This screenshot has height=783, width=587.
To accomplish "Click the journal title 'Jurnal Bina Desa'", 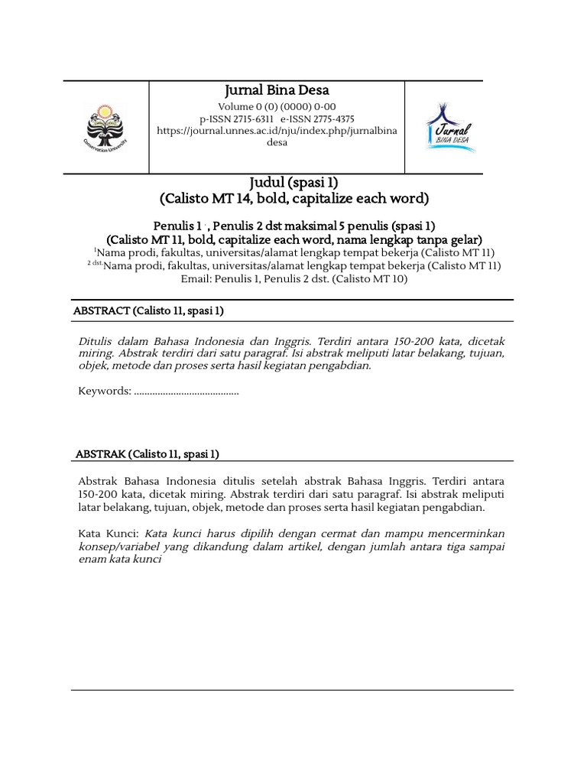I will pyautogui.click(x=276, y=91).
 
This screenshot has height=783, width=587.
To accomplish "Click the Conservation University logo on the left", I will pyautogui.click(x=105, y=126).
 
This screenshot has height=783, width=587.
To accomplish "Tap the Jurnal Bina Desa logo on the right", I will pyautogui.click(x=450, y=126).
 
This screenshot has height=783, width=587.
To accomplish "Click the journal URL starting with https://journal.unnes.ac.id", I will pyautogui.click(x=276, y=131).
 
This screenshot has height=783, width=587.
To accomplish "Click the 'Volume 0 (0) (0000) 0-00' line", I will pyautogui.click(x=276, y=106).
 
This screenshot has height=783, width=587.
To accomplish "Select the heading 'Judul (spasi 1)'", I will pyautogui.click(x=293, y=183).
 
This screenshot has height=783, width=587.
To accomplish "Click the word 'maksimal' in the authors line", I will pyautogui.click(x=308, y=226).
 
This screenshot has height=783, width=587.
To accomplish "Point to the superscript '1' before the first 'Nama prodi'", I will pyautogui.click(x=96, y=250).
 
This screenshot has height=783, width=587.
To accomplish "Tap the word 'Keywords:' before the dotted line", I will pyautogui.click(x=105, y=391).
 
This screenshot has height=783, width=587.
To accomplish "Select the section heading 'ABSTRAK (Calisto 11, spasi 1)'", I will pyautogui.click(x=146, y=453).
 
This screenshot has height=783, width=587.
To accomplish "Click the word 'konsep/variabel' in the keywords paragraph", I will pyautogui.click(x=115, y=546).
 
